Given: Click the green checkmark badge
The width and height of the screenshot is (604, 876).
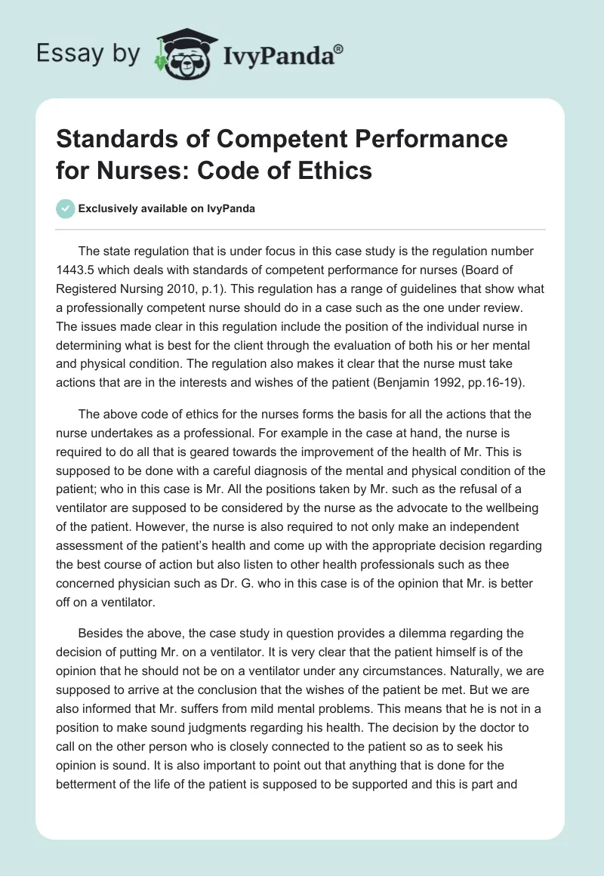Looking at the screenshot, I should pos(65,208).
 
